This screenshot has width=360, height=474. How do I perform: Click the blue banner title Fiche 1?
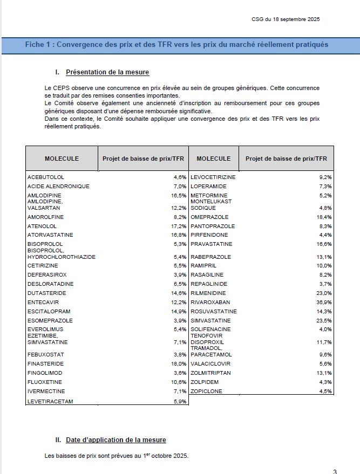[176, 44]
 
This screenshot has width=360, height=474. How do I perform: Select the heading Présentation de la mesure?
[107, 72]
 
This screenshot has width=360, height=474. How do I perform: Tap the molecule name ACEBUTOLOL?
[46, 177]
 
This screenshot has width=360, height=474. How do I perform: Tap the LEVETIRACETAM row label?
[50, 401]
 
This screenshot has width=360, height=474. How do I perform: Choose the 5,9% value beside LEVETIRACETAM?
[180, 401]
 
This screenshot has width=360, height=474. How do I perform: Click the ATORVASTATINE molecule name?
[50, 235]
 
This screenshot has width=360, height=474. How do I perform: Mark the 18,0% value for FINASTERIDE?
[179, 364]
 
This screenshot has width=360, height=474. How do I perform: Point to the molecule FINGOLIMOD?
[45, 373]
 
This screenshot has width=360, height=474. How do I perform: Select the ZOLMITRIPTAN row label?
[210, 373]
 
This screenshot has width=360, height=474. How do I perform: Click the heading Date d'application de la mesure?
[116, 440]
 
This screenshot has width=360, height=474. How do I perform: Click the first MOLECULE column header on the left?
[62, 159]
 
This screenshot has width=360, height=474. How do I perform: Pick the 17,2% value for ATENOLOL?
[179, 226]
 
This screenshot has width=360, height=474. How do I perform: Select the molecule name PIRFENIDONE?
[209, 235]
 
